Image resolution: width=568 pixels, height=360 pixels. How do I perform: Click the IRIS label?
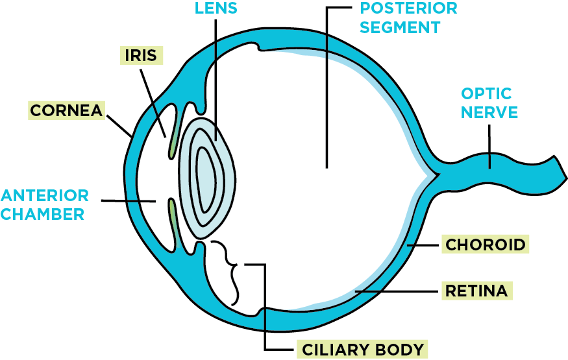coord(142,55)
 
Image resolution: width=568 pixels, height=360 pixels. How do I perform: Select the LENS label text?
coord(216,8)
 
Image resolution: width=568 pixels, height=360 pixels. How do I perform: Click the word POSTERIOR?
coord(409,8)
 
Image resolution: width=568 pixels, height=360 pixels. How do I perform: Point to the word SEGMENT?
coord(400,27)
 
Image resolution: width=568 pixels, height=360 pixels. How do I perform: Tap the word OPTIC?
coord(486,94)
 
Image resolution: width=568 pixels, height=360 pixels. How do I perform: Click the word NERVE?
coord(489,112)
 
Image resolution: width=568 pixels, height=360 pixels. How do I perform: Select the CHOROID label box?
coord(485,245)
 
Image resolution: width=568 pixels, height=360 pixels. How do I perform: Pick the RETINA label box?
coord(476,290)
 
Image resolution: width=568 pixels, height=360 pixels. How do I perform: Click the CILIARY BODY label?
coord(363,350)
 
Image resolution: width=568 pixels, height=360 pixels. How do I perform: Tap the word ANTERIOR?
coord(45,195)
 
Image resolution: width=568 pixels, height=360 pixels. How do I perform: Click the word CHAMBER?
coord(43,213)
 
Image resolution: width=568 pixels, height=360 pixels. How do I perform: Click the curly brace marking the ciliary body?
coord(231,273)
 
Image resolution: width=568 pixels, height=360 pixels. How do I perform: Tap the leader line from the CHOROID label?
coord(424,245)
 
